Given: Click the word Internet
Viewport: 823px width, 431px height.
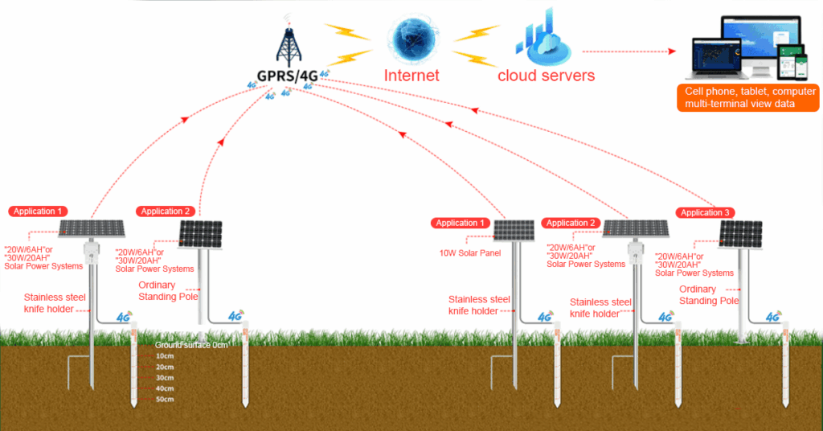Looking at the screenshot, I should [x=411, y=76].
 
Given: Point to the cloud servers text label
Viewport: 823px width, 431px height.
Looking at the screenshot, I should [x=546, y=76].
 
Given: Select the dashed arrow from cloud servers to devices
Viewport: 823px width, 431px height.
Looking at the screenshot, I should [x=627, y=51].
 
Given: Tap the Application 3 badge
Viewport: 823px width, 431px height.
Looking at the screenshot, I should [x=705, y=212].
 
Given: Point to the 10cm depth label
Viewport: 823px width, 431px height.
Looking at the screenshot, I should [x=165, y=355].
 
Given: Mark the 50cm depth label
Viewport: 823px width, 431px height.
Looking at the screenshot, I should [x=165, y=399].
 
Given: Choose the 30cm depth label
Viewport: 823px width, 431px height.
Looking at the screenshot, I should [x=165, y=377].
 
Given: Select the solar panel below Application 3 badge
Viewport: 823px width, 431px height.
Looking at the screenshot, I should [x=740, y=234].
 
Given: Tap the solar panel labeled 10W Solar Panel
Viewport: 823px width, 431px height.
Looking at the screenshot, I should [x=514, y=231].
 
